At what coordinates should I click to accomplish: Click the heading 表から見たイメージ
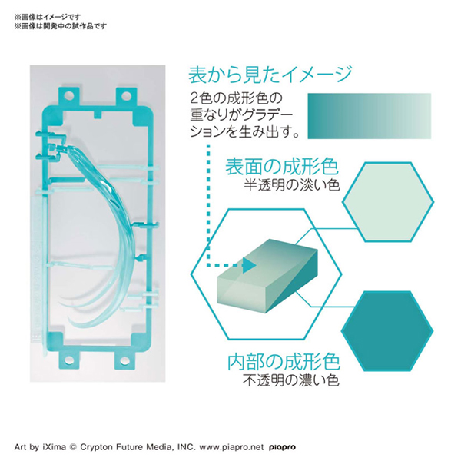coord(270,75)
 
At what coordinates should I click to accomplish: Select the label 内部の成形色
coord(283,362)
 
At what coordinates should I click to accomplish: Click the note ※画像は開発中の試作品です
coord(60,25)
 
